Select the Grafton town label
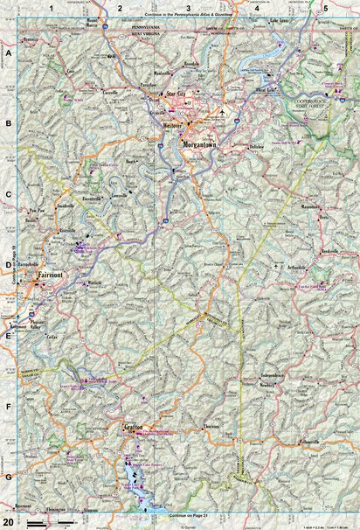(133, 428)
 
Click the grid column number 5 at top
(325, 7)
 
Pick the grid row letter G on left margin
(9, 478)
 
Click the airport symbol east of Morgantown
(223, 112)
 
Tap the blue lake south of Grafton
(133, 477)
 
